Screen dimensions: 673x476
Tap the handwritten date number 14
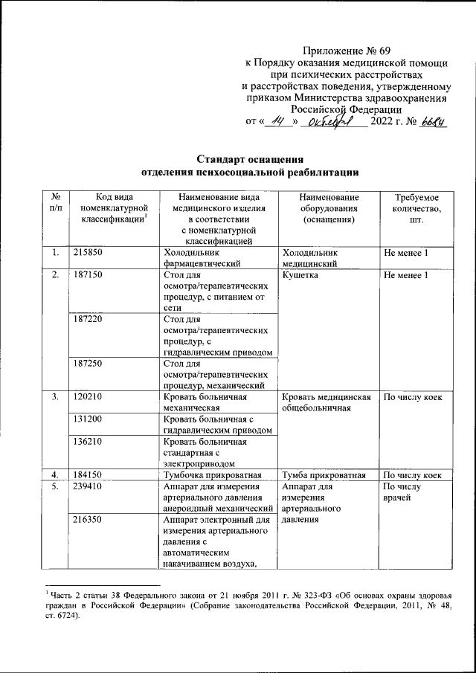280,121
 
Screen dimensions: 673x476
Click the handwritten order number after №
431,121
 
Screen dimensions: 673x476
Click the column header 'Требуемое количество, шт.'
411,209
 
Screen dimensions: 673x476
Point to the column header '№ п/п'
54,203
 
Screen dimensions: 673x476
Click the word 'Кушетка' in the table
300,276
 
